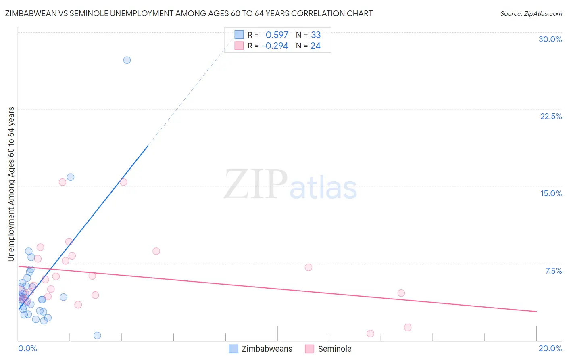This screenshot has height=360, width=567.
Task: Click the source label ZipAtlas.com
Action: [531, 13]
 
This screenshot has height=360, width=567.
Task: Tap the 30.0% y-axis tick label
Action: [550, 39]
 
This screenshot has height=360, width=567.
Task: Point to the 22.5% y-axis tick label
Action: [551, 116]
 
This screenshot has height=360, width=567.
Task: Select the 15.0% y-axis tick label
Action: [551, 193]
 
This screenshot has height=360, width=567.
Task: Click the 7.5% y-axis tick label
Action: [553, 271]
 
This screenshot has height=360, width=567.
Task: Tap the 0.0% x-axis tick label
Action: [27, 348]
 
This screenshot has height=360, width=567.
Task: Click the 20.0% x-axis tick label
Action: [550, 348]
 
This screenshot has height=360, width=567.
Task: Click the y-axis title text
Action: [11, 184]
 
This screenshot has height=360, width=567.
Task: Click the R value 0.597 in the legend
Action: [277, 35]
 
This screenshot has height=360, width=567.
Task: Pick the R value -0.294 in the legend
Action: [275, 46]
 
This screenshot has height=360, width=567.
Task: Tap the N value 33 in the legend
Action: [316, 35]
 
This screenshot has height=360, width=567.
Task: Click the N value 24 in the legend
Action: [315, 46]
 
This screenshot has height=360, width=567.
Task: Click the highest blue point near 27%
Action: [127, 60]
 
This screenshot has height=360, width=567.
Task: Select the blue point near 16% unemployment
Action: [70, 177]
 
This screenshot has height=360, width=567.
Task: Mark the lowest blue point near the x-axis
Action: [97, 335]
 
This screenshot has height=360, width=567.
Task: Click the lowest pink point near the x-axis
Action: [370, 333]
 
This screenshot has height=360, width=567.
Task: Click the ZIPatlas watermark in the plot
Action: [290, 185]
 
